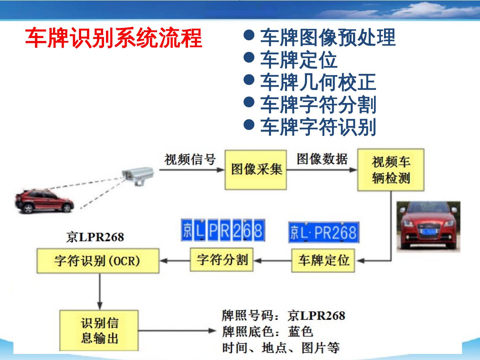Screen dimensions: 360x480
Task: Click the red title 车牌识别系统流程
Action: click(114, 38)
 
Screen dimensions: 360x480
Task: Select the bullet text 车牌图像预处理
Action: click(328, 37)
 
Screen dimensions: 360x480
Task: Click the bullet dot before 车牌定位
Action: click(249, 58)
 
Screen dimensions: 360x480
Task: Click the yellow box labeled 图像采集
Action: click(256, 170)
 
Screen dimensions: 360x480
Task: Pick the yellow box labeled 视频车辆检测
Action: click(391, 170)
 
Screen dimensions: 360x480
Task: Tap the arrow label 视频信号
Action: click(190, 160)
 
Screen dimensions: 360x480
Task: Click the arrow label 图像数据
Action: click(322, 159)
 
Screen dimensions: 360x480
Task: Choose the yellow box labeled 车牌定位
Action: click(323, 260)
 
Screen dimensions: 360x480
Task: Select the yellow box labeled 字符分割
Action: click(222, 260)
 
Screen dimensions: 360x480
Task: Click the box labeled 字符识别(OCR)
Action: click(98, 261)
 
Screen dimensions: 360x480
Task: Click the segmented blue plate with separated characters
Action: click(223, 230)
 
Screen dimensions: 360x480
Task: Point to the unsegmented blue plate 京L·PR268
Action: click(324, 232)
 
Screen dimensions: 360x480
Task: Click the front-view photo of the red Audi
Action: click(428, 227)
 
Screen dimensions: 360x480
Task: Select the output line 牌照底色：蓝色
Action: click(268, 332)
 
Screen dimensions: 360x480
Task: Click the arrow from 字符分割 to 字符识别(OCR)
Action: click(175, 261)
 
